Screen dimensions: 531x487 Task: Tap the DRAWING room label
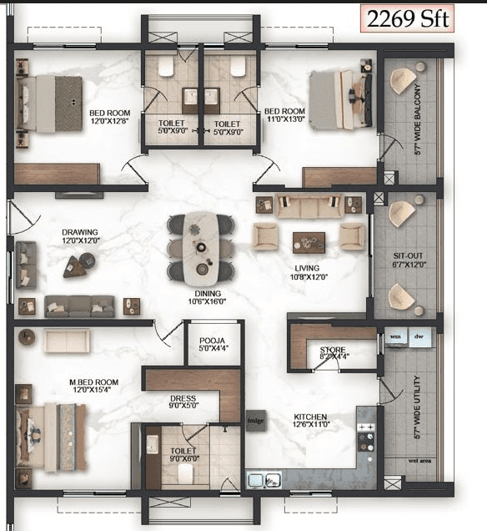80,233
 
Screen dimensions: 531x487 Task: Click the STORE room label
333,349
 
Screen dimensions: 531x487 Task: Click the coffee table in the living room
309,241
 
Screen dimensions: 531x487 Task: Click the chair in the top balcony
403,80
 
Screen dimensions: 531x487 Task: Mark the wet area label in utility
419,461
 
